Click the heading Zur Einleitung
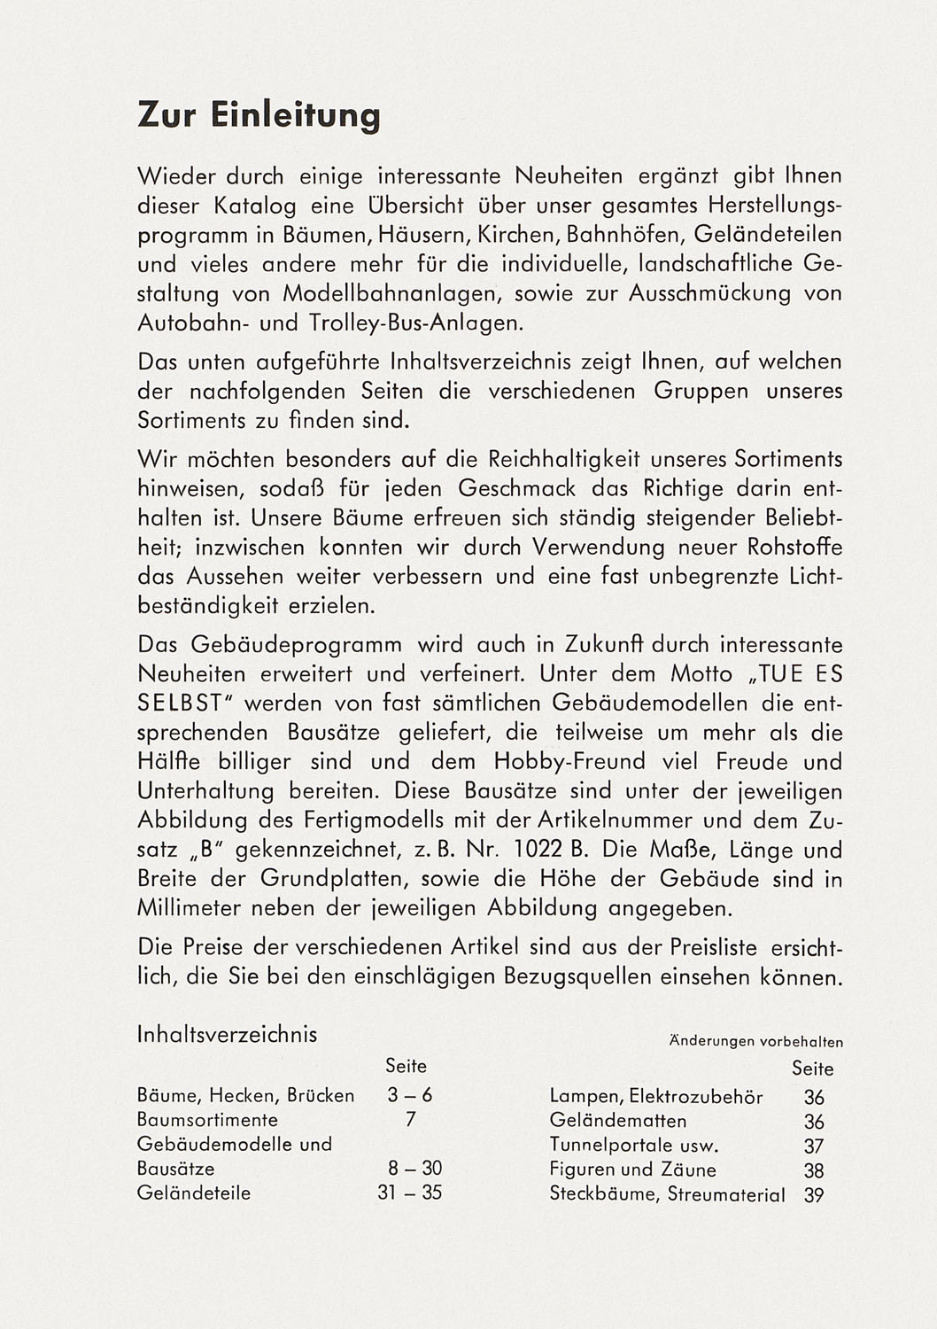[x=259, y=116]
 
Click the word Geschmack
[x=517, y=488]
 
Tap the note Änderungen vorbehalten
[x=755, y=1042]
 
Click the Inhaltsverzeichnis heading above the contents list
[x=227, y=1034]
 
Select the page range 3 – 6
[x=410, y=1095]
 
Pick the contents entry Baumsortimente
[x=207, y=1120]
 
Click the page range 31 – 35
[x=409, y=1193]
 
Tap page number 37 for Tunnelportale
[x=814, y=1146]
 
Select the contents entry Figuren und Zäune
[x=632, y=1170]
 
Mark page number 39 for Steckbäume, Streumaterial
[x=814, y=1195]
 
